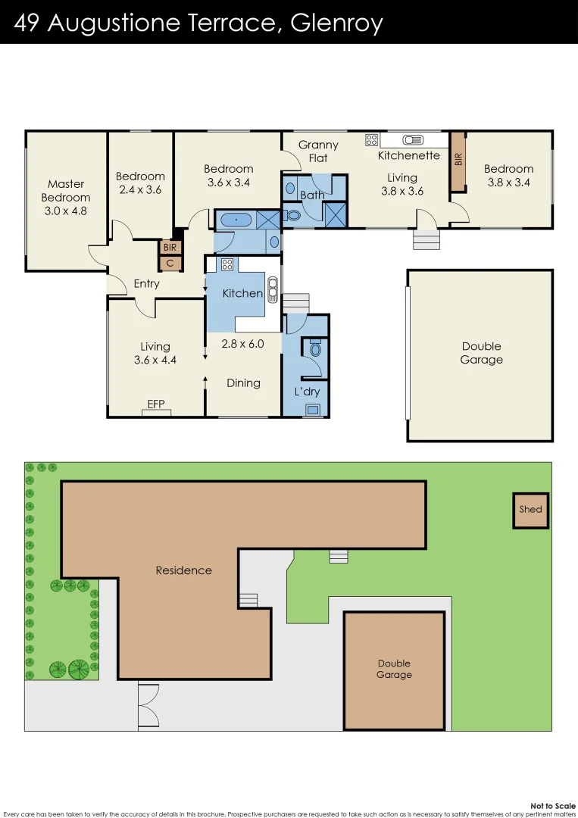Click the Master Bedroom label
[x=66, y=191]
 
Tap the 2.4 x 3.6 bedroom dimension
[x=140, y=190]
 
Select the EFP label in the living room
[x=156, y=404]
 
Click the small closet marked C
[x=170, y=264]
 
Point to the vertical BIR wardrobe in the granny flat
[x=458, y=161]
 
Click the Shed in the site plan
[x=530, y=510]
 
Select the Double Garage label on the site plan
[x=394, y=669]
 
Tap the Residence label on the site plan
[x=183, y=570]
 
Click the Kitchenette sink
[x=414, y=139]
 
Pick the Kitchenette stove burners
[x=372, y=139]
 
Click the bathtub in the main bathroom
[x=237, y=220]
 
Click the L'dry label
[x=307, y=392]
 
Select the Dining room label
[x=243, y=383]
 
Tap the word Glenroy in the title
[x=339, y=23]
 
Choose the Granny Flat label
[x=318, y=151]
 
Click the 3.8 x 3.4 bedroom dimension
[x=508, y=183]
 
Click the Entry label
[x=146, y=284]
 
